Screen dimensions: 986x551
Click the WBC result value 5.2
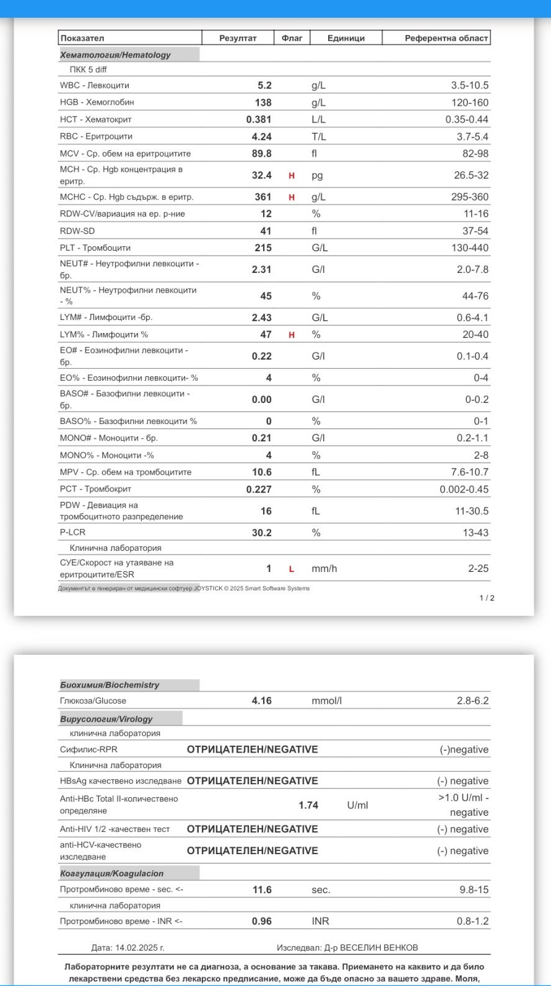(x=264, y=85)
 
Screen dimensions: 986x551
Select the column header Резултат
(x=238, y=38)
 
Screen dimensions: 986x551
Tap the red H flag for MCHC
(x=292, y=197)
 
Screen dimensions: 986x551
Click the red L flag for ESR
(x=292, y=569)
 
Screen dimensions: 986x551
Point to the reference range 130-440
(x=469, y=248)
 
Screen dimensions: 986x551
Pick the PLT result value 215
(x=262, y=248)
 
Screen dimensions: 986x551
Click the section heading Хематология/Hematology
(x=115, y=54)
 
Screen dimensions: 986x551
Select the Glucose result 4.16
(x=261, y=701)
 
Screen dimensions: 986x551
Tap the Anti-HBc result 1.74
(x=308, y=805)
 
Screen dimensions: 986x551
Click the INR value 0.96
(x=261, y=921)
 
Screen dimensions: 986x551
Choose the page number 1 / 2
(x=487, y=598)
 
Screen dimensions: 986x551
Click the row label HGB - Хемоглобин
(x=97, y=102)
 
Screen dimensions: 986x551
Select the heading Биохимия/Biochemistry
(x=110, y=685)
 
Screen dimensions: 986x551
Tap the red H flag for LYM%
(x=292, y=335)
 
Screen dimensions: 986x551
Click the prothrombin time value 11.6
(x=262, y=889)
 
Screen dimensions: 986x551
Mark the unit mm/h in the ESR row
(x=324, y=568)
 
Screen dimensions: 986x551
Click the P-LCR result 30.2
(x=261, y=532)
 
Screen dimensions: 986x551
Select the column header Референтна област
(x=446, y=38)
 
